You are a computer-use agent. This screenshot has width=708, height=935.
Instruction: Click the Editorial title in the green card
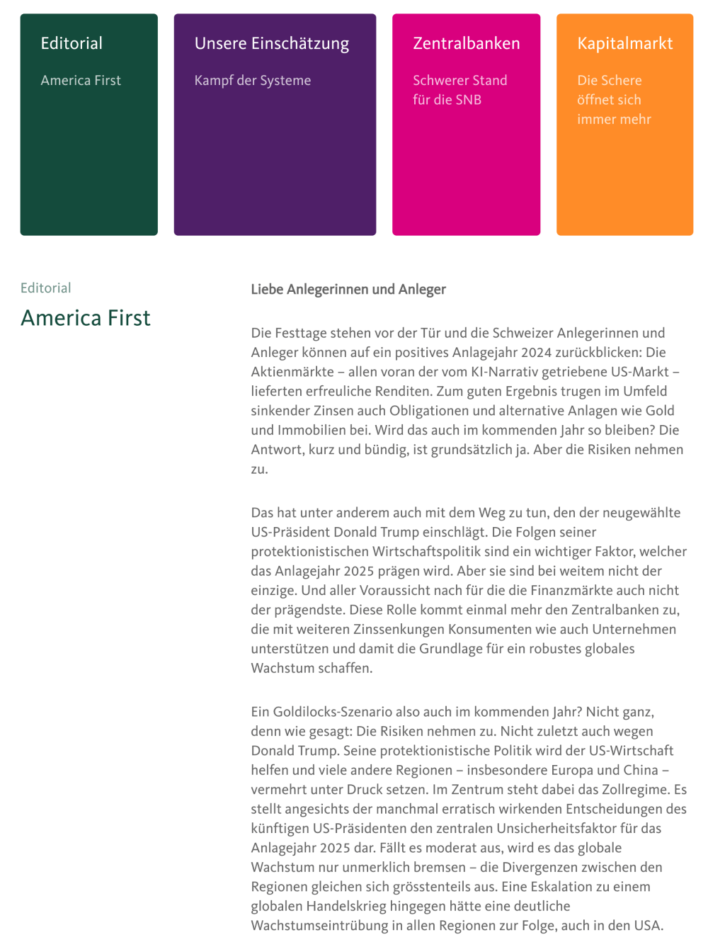coord(72,43)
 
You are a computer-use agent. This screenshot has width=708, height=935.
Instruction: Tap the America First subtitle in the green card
coord(81,81)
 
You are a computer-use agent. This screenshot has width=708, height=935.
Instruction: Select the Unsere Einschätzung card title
coord(272,43)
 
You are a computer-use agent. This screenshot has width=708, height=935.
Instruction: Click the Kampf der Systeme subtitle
coord(253,81)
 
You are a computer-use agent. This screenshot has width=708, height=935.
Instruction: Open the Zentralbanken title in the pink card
coord(467,43)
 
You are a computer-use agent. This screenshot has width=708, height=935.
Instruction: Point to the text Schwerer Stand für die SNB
coord(459,90)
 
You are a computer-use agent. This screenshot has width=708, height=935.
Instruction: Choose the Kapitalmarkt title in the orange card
coord(625,43)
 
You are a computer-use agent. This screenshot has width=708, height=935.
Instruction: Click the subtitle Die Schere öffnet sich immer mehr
coord(614,100)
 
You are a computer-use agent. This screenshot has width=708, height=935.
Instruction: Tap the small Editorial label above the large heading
coord(46,288)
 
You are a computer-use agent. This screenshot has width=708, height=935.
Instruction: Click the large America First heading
coord(86,318)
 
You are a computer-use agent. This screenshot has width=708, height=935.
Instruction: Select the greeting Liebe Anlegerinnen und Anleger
coord(348,289)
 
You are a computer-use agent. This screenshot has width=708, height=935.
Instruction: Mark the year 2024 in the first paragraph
coord(536,353)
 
